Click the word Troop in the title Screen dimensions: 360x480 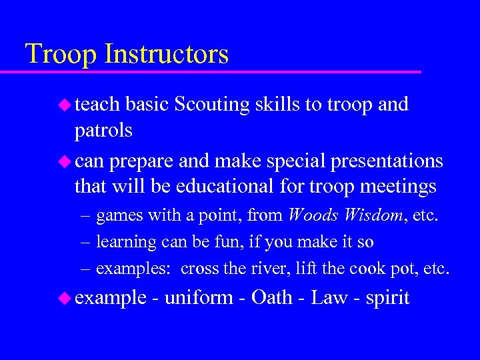click(55, 54)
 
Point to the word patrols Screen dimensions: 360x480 click(103, 131)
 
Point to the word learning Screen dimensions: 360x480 click(126, 243)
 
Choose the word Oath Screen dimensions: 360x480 click(272, 297)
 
